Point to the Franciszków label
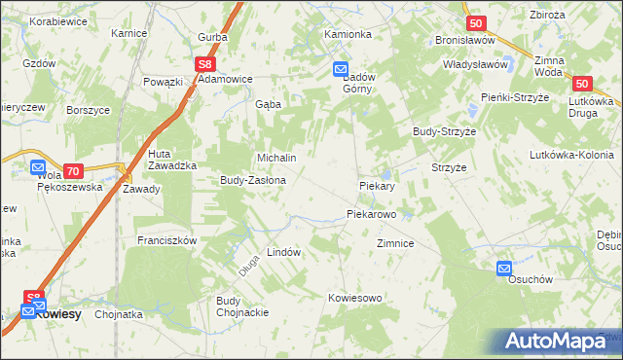click(x=167, y=240)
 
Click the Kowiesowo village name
click(x=355, y=298)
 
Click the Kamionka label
click(x=348, y=34)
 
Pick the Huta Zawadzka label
click(x=173, y=160)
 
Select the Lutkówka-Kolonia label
click(x=570, y=155)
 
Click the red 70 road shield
click(x=72, y=170)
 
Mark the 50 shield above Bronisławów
click(x=475, y=23)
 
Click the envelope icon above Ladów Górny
click(x=340, y=69)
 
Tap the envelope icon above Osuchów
click(x=504, y=268)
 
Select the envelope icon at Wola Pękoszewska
click(x=37, y=166)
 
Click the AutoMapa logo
click(x=558, y=342)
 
